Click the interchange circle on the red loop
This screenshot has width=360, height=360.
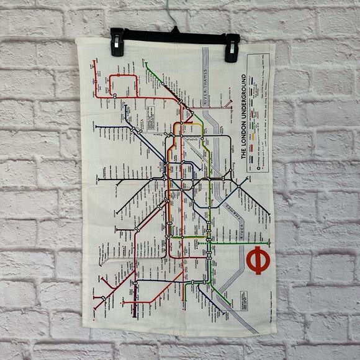114,95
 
